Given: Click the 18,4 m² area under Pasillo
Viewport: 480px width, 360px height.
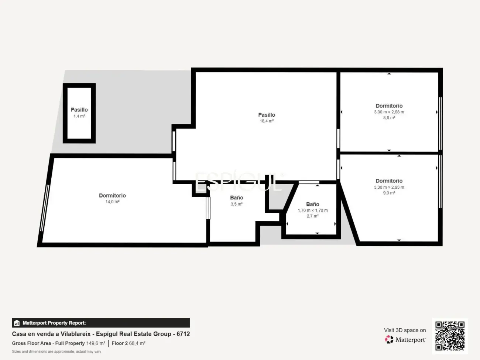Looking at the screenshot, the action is tap(267, 121).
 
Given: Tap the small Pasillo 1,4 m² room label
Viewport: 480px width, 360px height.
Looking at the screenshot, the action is tap(79, 110).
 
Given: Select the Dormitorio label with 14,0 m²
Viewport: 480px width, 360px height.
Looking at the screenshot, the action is tap(112, 195).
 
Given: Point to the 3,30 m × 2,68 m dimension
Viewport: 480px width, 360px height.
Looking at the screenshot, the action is tap(389, 112).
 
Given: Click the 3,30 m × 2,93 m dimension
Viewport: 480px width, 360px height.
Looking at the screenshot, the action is tap(389, 187).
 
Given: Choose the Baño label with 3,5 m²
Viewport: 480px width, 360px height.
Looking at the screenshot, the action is tap(237, 198).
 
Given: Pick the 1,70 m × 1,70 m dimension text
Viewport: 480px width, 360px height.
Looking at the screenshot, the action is tap(313, 210).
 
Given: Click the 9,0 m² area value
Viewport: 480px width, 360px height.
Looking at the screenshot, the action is tap(389, 193).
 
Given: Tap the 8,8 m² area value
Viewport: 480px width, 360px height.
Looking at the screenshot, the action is tap(389, 117).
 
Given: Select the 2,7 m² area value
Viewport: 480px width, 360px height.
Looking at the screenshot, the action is tap(313, 216).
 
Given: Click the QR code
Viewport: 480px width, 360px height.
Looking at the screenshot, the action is tap(450, 336).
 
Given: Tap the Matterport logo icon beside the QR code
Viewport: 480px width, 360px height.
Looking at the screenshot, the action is tap(389, 339).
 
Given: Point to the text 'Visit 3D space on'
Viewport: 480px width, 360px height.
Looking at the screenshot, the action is tap(405, 330).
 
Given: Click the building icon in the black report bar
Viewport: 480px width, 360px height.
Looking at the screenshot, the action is tap(17, 323).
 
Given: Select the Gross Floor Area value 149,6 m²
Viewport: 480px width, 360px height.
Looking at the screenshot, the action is tap(96, 343).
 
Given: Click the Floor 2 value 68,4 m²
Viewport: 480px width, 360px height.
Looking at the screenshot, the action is tap(137, 343).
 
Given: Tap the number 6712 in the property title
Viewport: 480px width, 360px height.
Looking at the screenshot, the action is tap(183, 334).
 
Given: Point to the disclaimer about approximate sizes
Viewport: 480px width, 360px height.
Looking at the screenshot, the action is tap(56, 352).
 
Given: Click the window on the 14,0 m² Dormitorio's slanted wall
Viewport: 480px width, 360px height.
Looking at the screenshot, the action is tap(45, 208).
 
